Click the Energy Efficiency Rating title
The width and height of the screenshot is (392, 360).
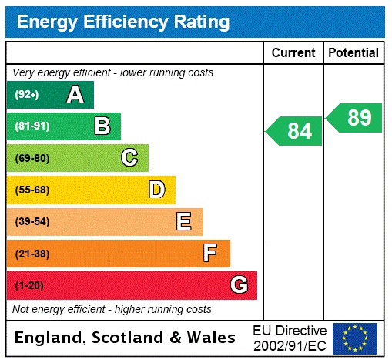click(x=123, y=22)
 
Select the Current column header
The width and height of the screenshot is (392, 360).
click(x=293, y=52)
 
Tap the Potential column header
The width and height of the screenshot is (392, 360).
click(x=353, y=52)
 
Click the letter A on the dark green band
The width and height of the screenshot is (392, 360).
click(x=75, y=95)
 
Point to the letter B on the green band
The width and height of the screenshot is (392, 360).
click(x=102, y=126)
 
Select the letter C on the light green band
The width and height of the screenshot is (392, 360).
click(x=129, y=158)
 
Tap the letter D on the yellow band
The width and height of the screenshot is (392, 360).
click(x=156, y=190)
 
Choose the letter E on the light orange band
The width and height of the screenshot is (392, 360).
click(x=184, y=222)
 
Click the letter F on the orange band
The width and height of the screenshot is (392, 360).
click(x=210, y=254)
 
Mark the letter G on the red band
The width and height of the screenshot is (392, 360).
click(x=239, y=285)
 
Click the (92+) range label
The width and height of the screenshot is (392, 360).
click(x=28, y=95)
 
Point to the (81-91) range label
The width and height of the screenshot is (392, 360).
click(x=32, y=126)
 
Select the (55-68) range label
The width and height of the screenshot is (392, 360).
click(x=32, y=190)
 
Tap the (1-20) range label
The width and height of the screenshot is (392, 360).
click(x=30, y=286)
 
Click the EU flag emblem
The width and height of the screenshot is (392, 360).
click(x=355, y=338)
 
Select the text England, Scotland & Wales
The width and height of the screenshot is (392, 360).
click(x=126, y=338)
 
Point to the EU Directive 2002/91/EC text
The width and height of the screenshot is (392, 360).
click(x=290, y=338)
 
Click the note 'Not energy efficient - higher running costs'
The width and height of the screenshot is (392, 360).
click(x=112, y=309)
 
